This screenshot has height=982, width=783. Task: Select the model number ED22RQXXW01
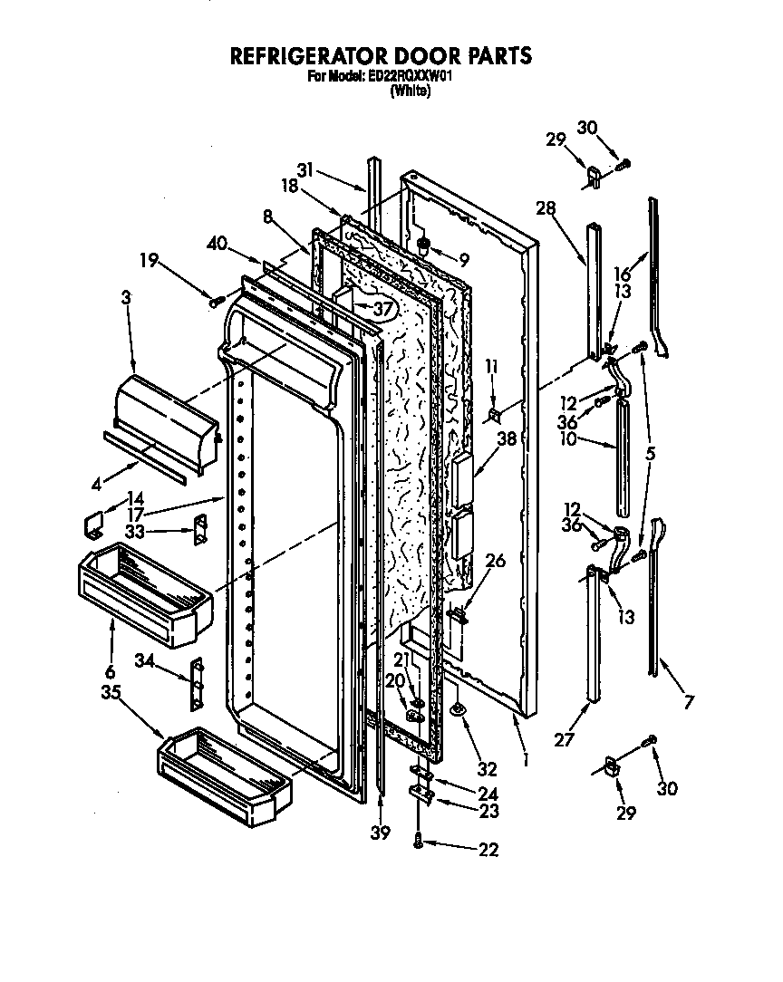pos(411,77)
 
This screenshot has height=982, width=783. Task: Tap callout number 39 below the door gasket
pos(382,833)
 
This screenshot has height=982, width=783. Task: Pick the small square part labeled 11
pos(494,415)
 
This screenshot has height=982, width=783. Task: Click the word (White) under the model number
pos(410,91)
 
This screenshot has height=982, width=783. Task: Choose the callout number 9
pos(463,260)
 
